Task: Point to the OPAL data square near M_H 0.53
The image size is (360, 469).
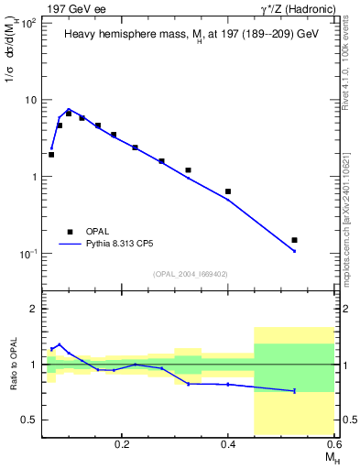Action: point(294,240)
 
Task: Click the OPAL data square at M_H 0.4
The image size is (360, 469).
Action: point(228,191)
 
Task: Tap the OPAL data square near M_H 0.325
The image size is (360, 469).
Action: point(188,170)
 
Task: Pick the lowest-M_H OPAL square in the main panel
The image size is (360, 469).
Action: point(51,155)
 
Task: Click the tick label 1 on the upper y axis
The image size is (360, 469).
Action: point(34,177)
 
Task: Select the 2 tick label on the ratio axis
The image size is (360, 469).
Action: point(34,309)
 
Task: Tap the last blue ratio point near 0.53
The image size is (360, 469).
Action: point(294,391)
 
